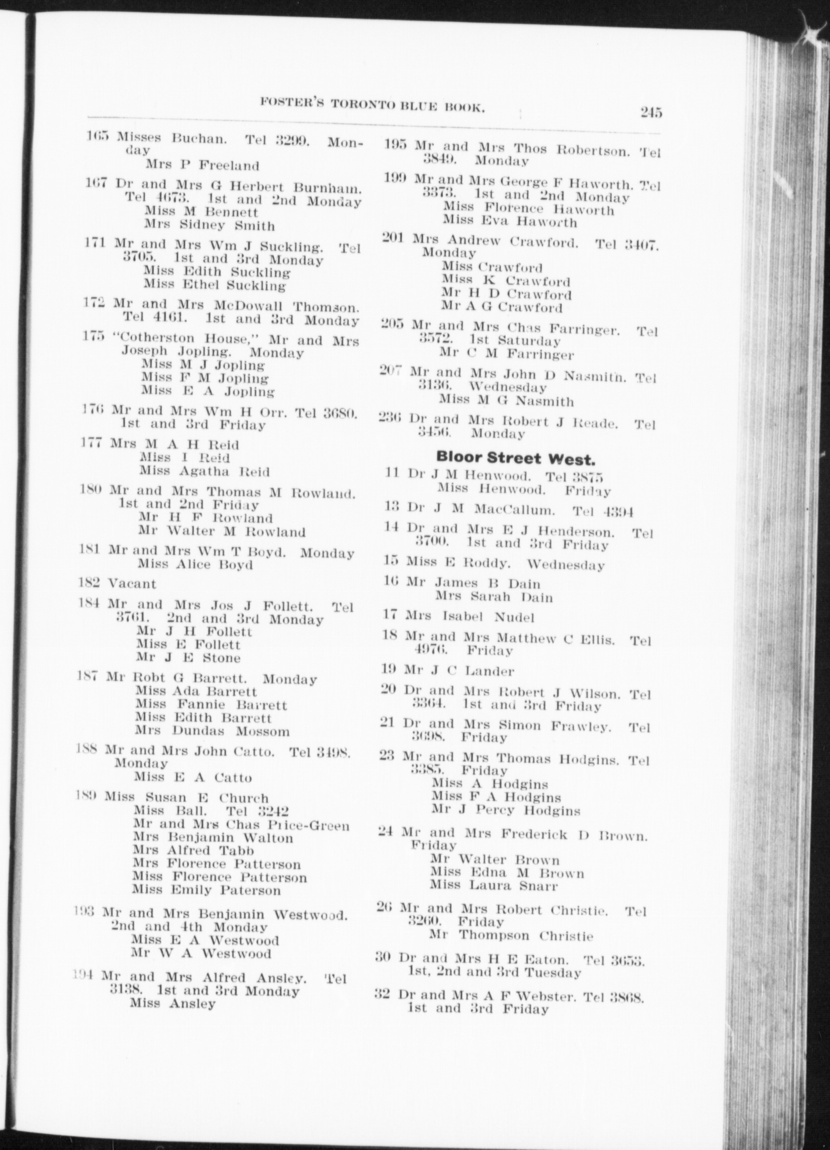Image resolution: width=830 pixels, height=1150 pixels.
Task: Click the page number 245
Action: point(650,112)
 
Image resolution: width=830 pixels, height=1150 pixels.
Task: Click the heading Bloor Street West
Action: point(515,459)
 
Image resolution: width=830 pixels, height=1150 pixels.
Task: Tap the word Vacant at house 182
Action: point(132,584)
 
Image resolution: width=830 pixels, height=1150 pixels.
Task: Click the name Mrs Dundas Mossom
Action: point(213,731)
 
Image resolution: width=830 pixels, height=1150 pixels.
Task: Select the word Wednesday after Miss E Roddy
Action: point(565,565)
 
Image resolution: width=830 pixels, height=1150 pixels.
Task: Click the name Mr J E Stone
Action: point(188,658)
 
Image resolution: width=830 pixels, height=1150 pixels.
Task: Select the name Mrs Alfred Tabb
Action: point(193,850)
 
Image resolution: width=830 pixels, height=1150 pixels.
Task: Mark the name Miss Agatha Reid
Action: point(204,472)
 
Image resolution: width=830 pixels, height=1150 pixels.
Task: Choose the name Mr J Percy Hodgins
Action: point(506,810)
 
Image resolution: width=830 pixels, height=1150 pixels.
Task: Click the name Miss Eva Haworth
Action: point(510,222)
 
